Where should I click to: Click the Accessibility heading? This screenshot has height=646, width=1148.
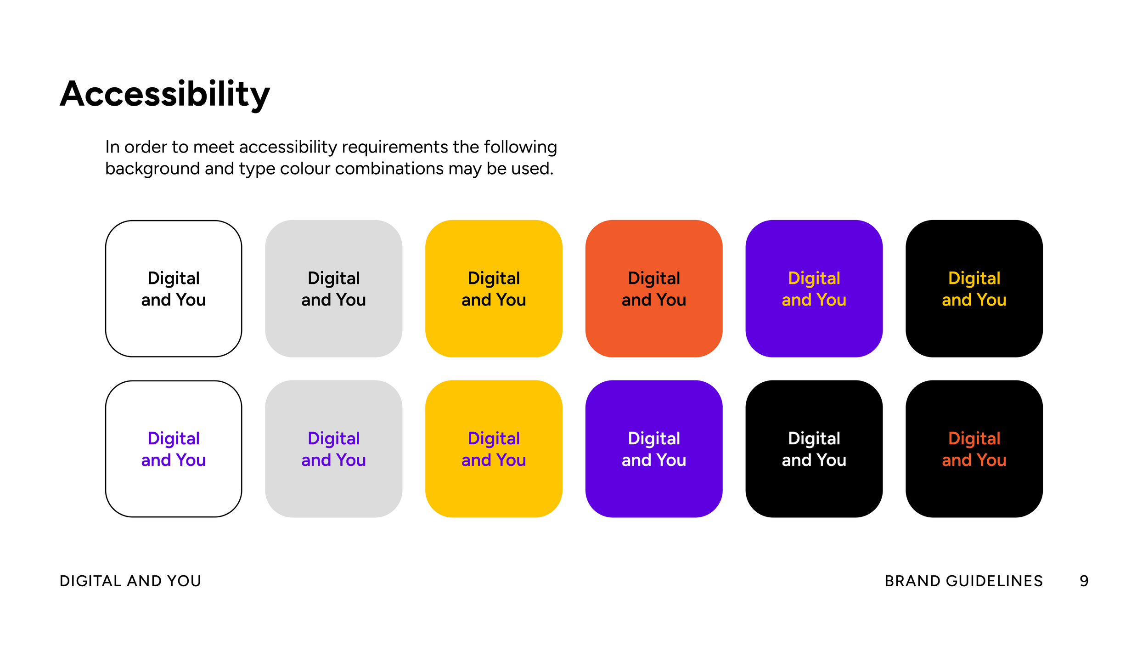[165, 94]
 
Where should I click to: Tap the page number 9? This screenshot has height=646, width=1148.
[1084, 581]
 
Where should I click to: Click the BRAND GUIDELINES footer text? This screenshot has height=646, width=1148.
[963, 581]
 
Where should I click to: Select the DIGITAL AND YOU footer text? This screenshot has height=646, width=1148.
[130, 581]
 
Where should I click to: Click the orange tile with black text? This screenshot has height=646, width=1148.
[653, 289]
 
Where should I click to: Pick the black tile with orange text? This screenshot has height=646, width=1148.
[974, 448]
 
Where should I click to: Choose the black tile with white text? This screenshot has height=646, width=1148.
[814, 448]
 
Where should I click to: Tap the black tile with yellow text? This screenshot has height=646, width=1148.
[974, 289]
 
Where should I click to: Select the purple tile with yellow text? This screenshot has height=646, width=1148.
[814, 289]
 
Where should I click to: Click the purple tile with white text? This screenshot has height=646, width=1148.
[653, 448]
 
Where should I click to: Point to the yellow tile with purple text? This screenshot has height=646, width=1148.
[494, 448]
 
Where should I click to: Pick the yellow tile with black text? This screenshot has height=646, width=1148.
[494, 289]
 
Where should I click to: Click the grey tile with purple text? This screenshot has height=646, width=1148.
[333, 448]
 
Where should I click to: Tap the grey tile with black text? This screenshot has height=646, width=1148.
[333, 289]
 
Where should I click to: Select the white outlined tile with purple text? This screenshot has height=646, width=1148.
[174, 448]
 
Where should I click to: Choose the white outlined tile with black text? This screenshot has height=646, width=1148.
[174, 289]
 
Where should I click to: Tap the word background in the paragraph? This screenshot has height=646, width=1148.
[152, 169]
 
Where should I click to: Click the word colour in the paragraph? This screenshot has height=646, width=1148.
[305, 169]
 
